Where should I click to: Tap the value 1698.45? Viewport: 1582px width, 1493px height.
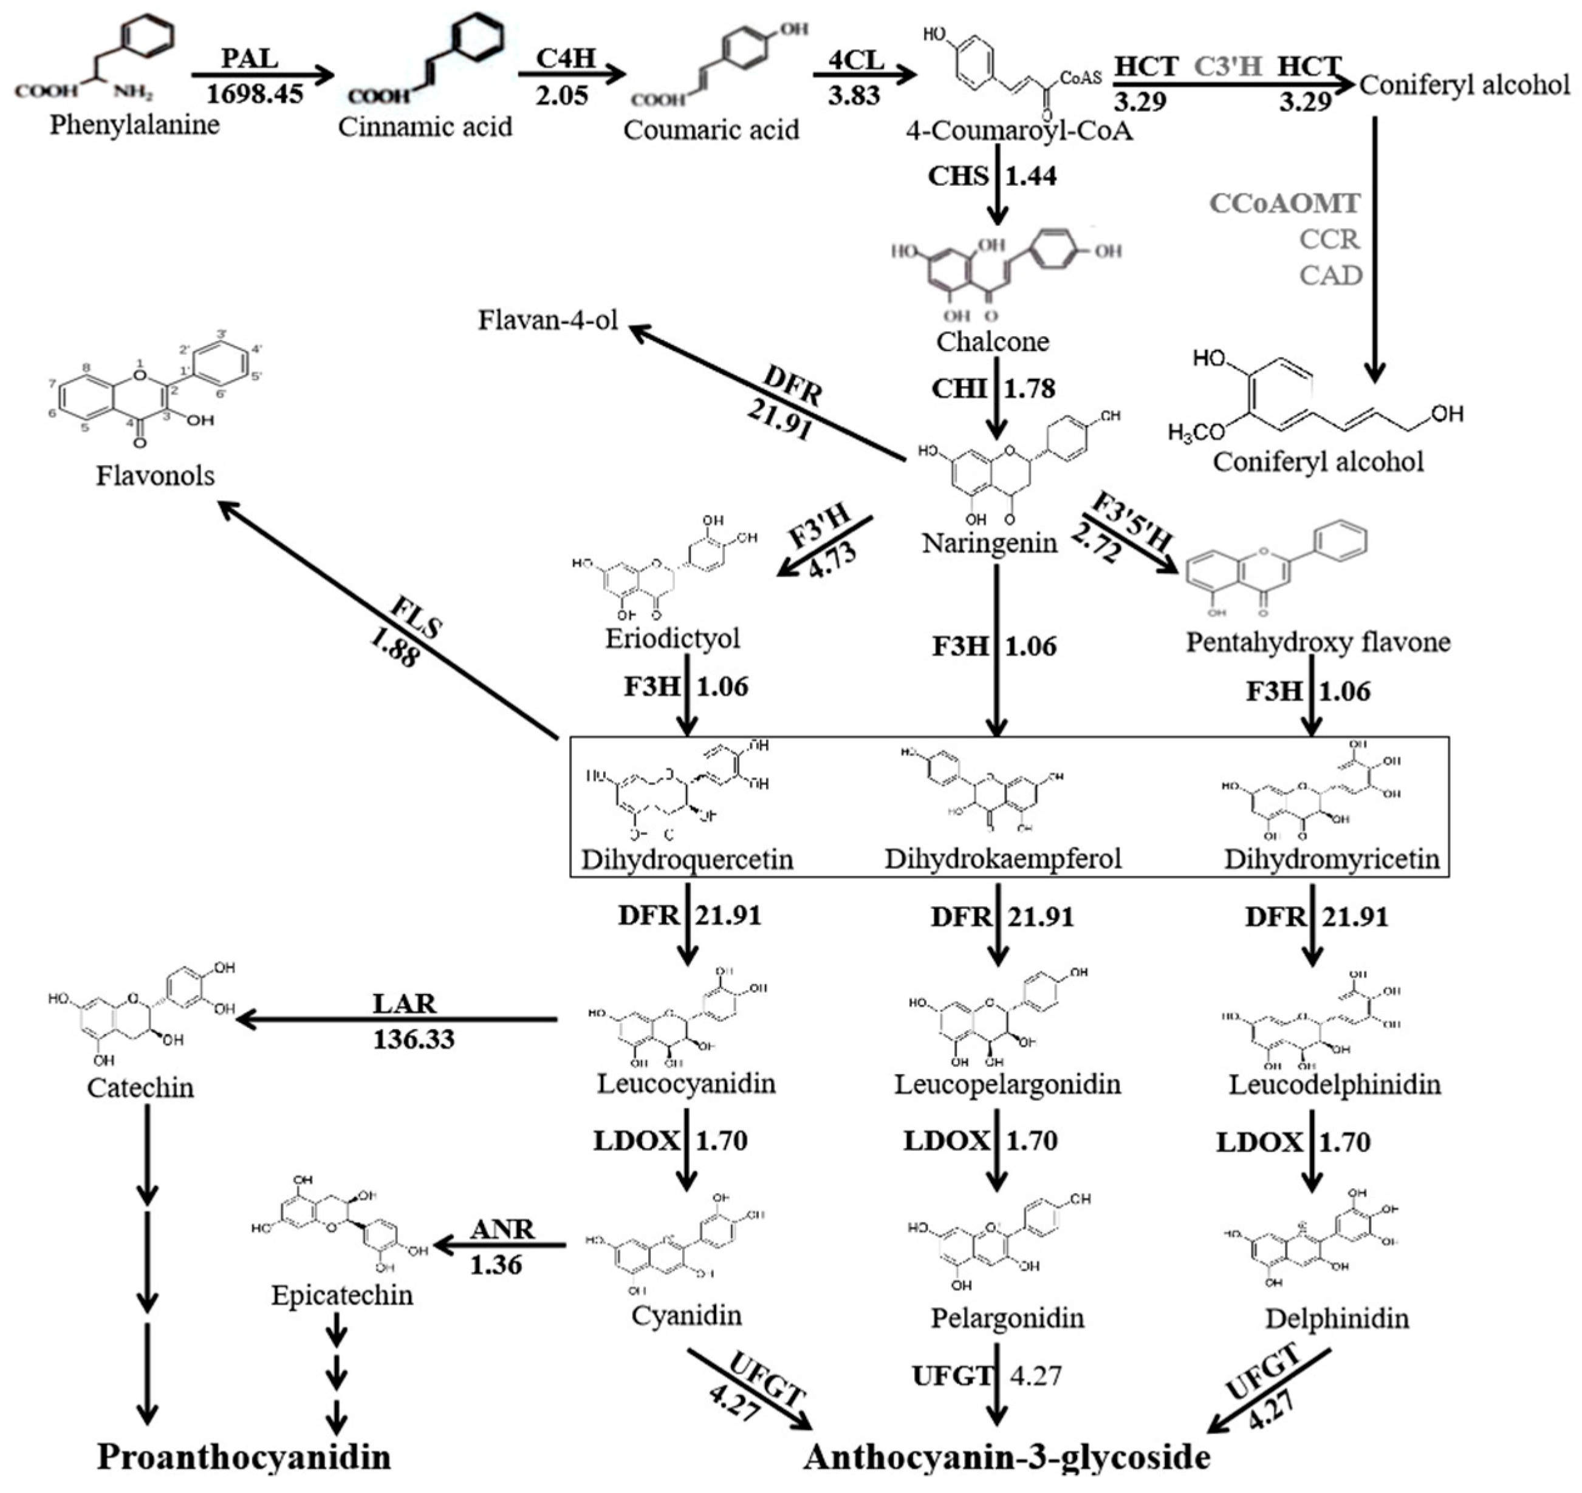(254, 94)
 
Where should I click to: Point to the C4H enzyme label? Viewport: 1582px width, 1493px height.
(564, 58)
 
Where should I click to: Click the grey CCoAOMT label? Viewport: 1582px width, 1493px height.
(1284, 204)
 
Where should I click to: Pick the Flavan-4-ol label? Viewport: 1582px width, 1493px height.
(548, 320)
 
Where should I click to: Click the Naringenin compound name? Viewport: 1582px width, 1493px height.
(990, 543)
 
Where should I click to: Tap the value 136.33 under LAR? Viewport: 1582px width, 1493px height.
(413, 1039)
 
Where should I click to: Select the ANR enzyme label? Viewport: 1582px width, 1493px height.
(502, 1229)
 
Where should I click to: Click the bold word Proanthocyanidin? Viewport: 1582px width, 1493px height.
(244, 1457)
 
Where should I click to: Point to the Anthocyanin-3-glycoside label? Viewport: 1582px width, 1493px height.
(1006, 1457)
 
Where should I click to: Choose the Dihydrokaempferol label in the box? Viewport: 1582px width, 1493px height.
(1002, 858)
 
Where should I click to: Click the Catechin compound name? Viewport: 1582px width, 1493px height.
(140, 1087)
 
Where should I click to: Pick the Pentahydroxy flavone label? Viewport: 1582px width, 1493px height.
(1318, 641)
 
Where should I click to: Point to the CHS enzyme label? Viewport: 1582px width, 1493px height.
(958, 176)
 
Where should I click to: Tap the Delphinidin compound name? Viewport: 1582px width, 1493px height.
(1337, 1319)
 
